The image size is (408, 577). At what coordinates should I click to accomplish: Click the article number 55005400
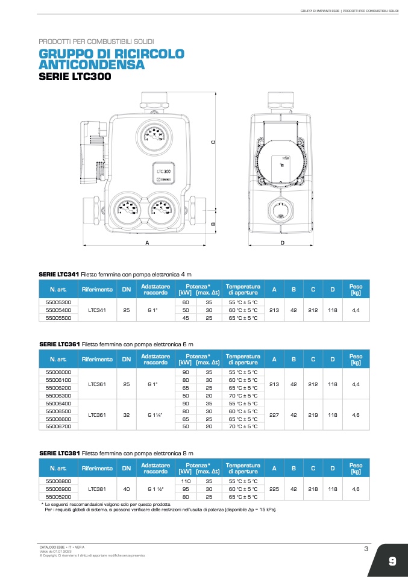coord(58,310)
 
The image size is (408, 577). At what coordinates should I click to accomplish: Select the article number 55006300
coord(58,396)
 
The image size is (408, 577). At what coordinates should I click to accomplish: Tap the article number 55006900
coord(58,489)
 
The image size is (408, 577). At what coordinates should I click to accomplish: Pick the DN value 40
coord(127,489)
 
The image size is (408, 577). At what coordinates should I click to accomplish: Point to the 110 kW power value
coord(186,481)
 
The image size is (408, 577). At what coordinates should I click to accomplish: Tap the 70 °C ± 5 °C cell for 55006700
coord(243,426)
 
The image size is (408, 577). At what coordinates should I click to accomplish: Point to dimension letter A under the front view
coord(146,242)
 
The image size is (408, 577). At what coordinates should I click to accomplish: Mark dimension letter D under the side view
coord(282,242)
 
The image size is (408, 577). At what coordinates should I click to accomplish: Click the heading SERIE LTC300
coord(75,77)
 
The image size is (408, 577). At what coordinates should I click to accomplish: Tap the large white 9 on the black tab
coord(392,561)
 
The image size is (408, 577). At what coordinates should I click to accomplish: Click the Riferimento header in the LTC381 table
coord(97,468)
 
